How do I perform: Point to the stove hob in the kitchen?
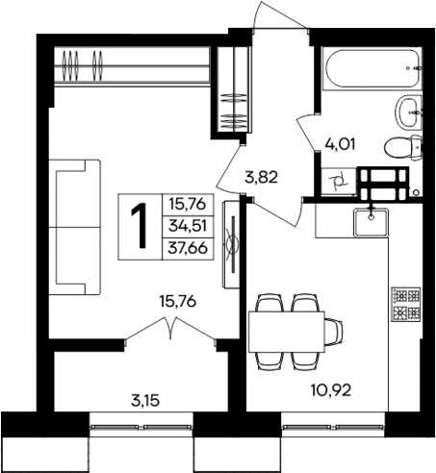point(404,304)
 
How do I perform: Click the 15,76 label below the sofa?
point(179,301)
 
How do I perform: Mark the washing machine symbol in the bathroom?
point(338,179)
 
